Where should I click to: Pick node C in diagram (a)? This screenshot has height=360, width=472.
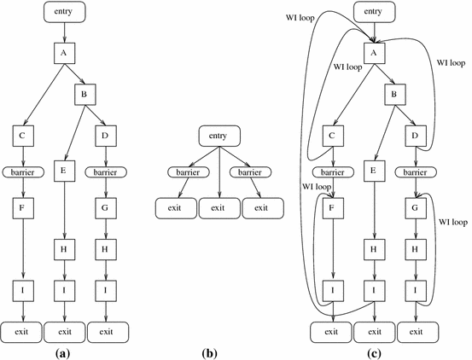pos(23,134)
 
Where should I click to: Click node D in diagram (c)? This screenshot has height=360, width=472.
pos(415,134)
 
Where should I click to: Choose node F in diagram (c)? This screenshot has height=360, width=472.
pos(331,206)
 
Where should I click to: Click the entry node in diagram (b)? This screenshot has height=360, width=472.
pos(219,135)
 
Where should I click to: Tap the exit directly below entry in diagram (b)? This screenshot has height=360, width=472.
pos(219,206)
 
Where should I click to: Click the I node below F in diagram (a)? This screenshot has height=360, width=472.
pos(23,291)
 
